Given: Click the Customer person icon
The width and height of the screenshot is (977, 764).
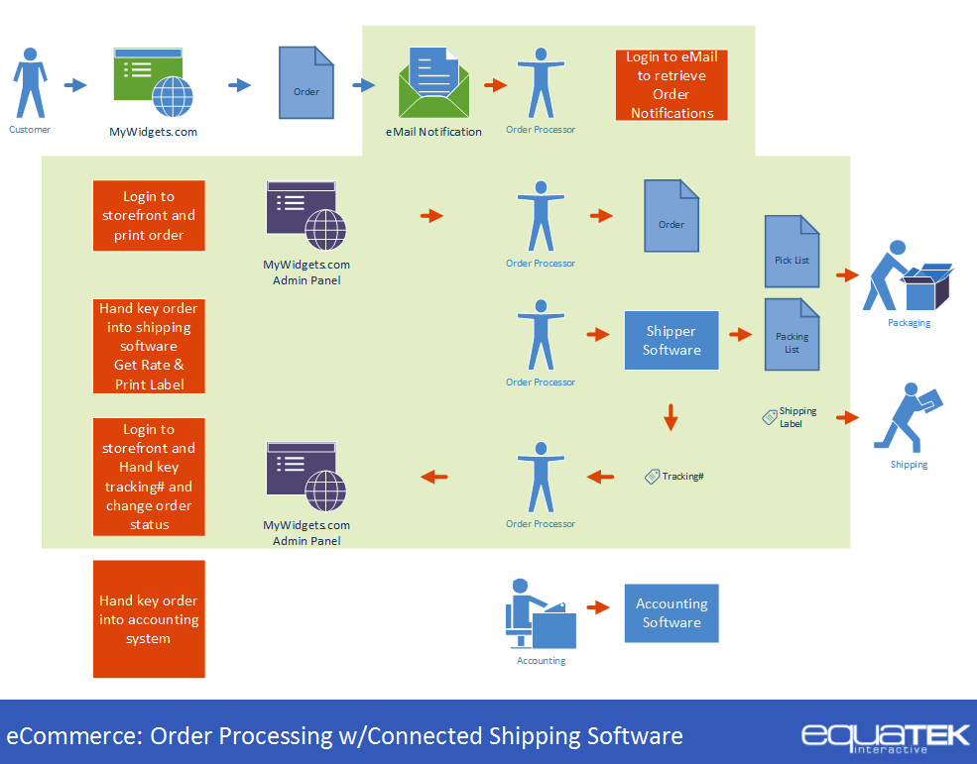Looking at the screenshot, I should [x=30, y=83].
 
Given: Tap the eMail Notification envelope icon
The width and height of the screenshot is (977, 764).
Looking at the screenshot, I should [x=433, y=83].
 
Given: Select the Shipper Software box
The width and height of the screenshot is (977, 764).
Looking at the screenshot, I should [x=672, y=341].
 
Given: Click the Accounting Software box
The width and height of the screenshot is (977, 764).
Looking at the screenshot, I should [x=672, y=613].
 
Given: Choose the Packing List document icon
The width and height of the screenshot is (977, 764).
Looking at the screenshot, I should [x=792, y=333].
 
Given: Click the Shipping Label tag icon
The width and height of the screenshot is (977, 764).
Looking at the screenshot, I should [x=769, y=417].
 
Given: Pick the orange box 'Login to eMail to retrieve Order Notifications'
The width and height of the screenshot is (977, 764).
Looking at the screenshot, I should [x=672, y=85].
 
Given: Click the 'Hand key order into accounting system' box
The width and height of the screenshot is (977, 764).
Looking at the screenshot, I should [x=149, y=619].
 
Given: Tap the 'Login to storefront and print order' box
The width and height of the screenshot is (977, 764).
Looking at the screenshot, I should [x=149, y=215].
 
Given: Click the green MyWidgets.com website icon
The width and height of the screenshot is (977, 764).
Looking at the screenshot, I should [x=153, y=83].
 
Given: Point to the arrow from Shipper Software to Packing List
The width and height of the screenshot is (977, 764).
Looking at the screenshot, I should [x=740, y=335].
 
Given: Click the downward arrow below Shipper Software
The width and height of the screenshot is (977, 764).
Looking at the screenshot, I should [x=672, y=416].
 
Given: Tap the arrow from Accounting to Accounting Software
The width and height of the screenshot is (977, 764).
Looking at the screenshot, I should [x=597, y=607].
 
